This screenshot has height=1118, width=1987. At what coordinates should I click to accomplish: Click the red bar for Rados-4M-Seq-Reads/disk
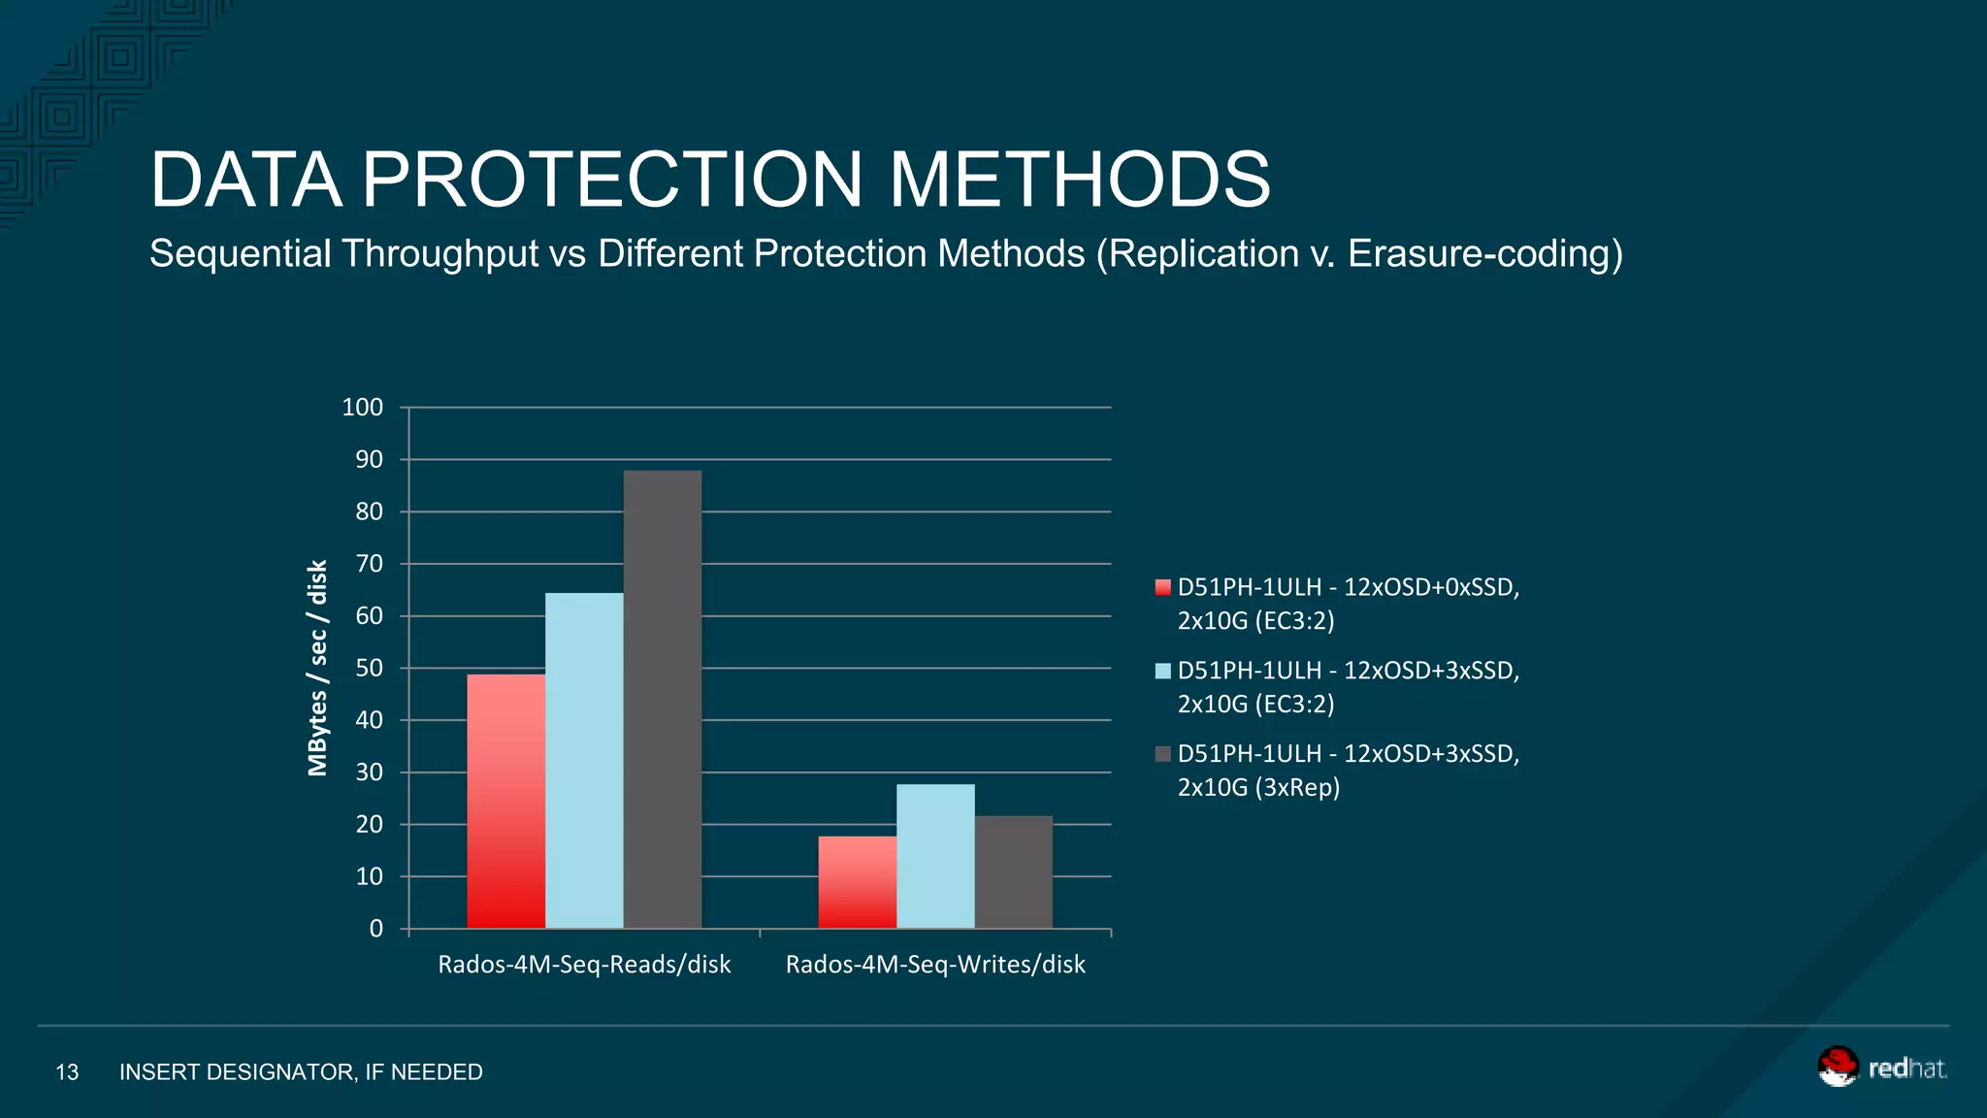(505, 802)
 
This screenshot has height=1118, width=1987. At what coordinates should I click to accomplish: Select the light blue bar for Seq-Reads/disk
(584, 761)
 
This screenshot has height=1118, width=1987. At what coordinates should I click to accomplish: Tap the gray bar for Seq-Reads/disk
(662, 700)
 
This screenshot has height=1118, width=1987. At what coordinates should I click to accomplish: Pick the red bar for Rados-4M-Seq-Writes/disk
(857, 882)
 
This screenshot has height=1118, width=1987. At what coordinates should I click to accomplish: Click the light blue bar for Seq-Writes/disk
(935, 856)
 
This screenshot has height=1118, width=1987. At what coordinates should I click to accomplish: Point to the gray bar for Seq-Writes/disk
(1013, 872)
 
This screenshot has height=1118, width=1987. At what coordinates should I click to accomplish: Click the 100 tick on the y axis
(363, 408)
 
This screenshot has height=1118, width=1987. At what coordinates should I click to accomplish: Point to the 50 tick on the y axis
(369, 669)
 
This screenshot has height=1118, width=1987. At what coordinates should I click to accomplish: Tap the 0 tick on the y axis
(376, 929)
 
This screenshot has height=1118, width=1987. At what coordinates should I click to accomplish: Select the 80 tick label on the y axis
(369, 511)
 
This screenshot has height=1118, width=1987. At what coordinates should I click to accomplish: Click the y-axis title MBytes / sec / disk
(317, 668)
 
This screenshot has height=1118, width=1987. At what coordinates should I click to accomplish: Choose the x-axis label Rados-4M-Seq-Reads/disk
(584, 965)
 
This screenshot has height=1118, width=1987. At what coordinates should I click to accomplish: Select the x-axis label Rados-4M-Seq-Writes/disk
(935, 965)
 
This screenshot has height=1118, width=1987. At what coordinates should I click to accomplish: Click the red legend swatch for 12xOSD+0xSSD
(1162, 587)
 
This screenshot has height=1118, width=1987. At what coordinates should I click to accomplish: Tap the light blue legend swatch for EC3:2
(1162, 671)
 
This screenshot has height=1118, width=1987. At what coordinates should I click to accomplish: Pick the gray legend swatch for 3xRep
(1162, 754)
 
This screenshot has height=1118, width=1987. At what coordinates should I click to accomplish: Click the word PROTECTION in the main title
(612, 180)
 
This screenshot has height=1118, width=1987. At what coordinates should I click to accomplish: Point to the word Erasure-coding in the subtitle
(1484, 254)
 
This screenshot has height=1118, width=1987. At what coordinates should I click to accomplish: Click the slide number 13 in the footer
(67, 1072)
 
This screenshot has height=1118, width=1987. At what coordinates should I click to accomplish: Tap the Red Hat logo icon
(1837, 1067)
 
